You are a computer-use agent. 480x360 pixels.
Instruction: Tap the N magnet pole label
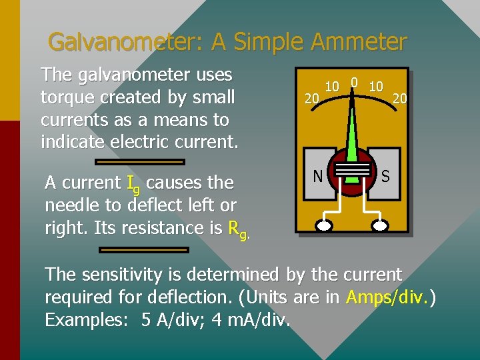[x=318, y=176]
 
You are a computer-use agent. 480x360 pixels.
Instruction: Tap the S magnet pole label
[x=386, y=176]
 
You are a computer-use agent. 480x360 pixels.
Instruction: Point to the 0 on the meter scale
[x=354, y=83]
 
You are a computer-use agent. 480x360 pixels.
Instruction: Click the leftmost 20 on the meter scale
[x=311, y=99]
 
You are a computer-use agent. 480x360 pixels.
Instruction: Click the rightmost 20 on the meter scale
[x=400, y=99]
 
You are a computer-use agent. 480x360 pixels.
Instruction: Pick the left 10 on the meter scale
[x=332, y=87]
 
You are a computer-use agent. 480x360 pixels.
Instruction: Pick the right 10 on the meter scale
[x=376, y=87]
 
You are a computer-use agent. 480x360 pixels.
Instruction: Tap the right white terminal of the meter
[x=379, y=225]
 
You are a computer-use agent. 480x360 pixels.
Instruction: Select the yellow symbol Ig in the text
[x=133, y=184]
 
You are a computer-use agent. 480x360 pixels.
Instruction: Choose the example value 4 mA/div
[x=251, y=320]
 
